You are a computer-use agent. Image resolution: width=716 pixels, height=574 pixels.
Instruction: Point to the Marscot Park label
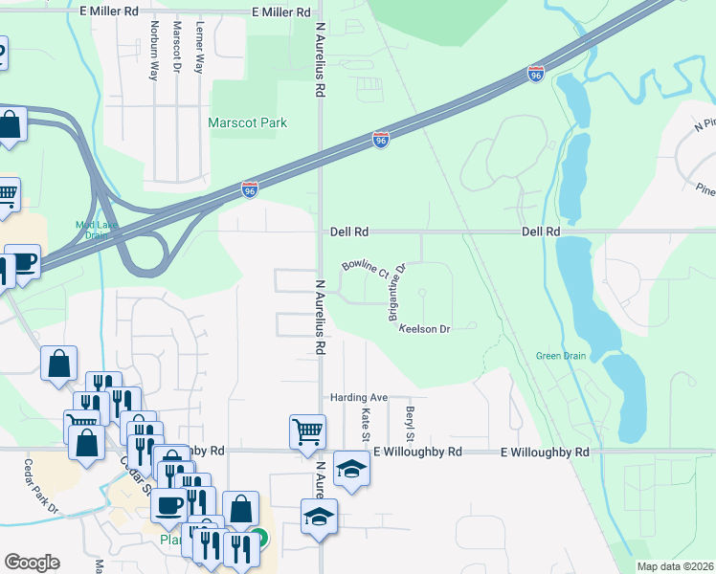click(x=248, y=122)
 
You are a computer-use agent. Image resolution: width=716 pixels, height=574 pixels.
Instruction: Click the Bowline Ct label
click(x=365, y=269)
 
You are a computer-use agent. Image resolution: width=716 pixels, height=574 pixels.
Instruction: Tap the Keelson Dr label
click(x=424, y=329)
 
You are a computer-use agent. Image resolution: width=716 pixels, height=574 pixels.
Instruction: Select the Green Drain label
click(x=561, y=357)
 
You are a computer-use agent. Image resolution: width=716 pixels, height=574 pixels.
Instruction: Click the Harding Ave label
click(x=358, y=397)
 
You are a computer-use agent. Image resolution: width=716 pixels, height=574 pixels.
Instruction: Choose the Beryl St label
click(x=409, y=418)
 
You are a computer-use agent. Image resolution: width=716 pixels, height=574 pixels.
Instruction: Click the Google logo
click(x=32, y=563)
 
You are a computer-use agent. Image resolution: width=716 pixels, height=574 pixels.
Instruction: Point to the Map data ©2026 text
click(x=676, y=566)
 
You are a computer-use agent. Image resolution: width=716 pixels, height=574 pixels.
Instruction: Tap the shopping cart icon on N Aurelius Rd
click(x=308, y=431)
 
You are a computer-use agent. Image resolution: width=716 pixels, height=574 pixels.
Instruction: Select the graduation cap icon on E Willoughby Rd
click(x=352, y=468)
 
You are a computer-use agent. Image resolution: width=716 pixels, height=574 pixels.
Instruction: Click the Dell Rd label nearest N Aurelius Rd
click(x=349, y=232)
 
